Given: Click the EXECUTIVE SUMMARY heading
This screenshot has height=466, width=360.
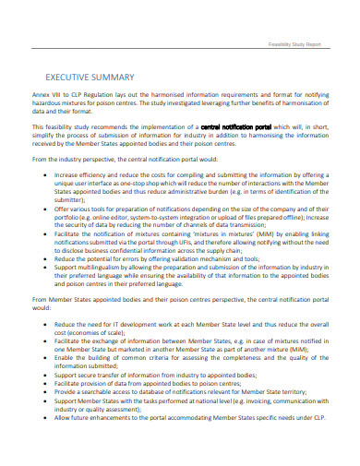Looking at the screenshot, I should tap(83, 78).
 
